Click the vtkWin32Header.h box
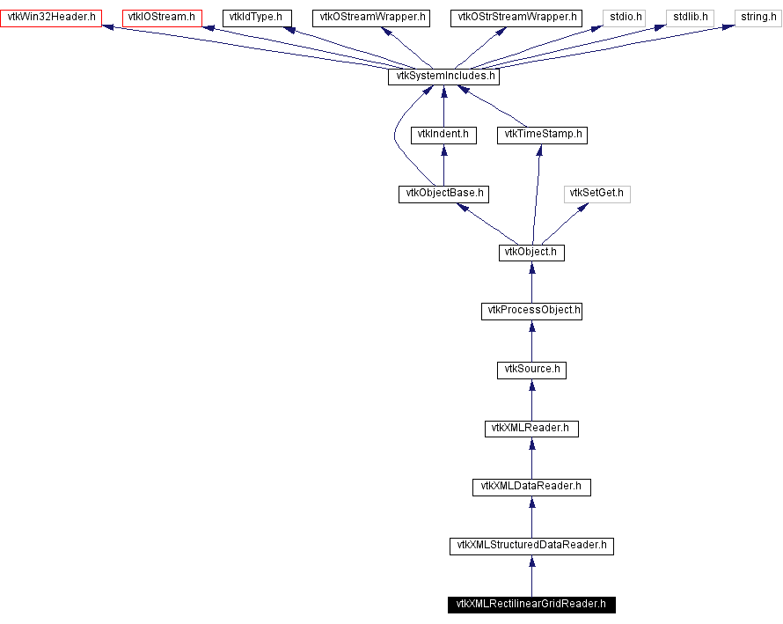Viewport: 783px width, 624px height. pos(51,17)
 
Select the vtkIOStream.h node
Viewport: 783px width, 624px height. pos(161,17)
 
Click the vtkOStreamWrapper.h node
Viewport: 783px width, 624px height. pos(370,17)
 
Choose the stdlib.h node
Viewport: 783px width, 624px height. pos(690,17)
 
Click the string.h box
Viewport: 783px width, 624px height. pos(757,17)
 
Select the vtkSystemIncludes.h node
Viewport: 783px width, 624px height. pos(443,77)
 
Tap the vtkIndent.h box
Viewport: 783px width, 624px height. pos(443,135)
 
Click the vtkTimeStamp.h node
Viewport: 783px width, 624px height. pos(541,135)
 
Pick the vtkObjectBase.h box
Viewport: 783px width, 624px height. pos(443,194)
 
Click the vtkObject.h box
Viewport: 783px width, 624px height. pos(531,253)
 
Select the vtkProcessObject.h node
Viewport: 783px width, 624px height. pos(531,311)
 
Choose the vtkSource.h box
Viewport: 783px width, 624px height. pos(531,370)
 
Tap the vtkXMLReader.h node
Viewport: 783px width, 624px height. pos(531,429)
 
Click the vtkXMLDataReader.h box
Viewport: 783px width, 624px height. pos(531,487)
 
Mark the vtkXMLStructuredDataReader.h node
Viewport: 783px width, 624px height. pos(531,546)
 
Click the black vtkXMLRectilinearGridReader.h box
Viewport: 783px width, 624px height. pos(531,605)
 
